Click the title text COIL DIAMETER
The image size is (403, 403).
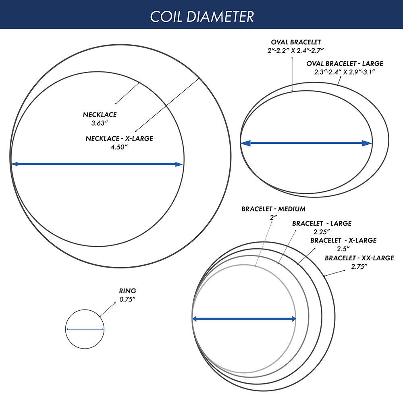coord(202,17)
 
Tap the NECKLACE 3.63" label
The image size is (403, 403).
coord(100,119)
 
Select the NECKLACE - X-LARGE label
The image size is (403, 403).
coord(119,139)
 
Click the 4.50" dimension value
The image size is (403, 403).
coord(119,147)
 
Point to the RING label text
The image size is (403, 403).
coord(127,291)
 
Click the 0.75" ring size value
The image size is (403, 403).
coord(127,299)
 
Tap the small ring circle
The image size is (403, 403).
coord(85,310)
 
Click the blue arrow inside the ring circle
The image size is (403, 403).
coord(85,329)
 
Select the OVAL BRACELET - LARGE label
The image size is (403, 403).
coord(345,64)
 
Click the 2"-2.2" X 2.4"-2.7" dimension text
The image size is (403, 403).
coord(295,51)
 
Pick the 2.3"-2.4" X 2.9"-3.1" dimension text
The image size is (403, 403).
coord(345,72)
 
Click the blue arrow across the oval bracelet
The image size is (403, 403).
coord(306,143)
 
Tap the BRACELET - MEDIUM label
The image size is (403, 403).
coord(274,209)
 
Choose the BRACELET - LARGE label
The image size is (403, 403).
coord(322,224)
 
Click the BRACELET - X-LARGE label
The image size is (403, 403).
coord(343,241)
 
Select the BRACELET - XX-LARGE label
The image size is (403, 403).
coord(359,258)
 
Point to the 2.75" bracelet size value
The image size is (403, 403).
coord(359,267)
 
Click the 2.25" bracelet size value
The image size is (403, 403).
coord(322,232)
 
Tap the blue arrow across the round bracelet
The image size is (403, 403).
coord(244,319)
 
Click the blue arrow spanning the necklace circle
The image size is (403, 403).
coord(97,164)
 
